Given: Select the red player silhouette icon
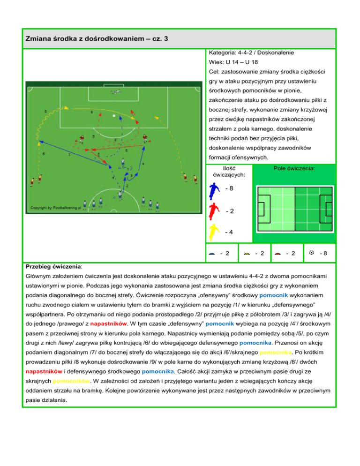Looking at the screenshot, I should [x=214, y=210].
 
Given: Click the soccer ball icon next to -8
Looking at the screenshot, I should [x=311, y=254].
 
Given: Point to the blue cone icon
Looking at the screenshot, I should [x=212, y=254].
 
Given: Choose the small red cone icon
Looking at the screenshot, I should [x=278, y=254].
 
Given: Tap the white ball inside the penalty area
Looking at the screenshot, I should [x=114, y=115].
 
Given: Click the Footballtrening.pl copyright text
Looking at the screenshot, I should [x=55, y=207].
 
